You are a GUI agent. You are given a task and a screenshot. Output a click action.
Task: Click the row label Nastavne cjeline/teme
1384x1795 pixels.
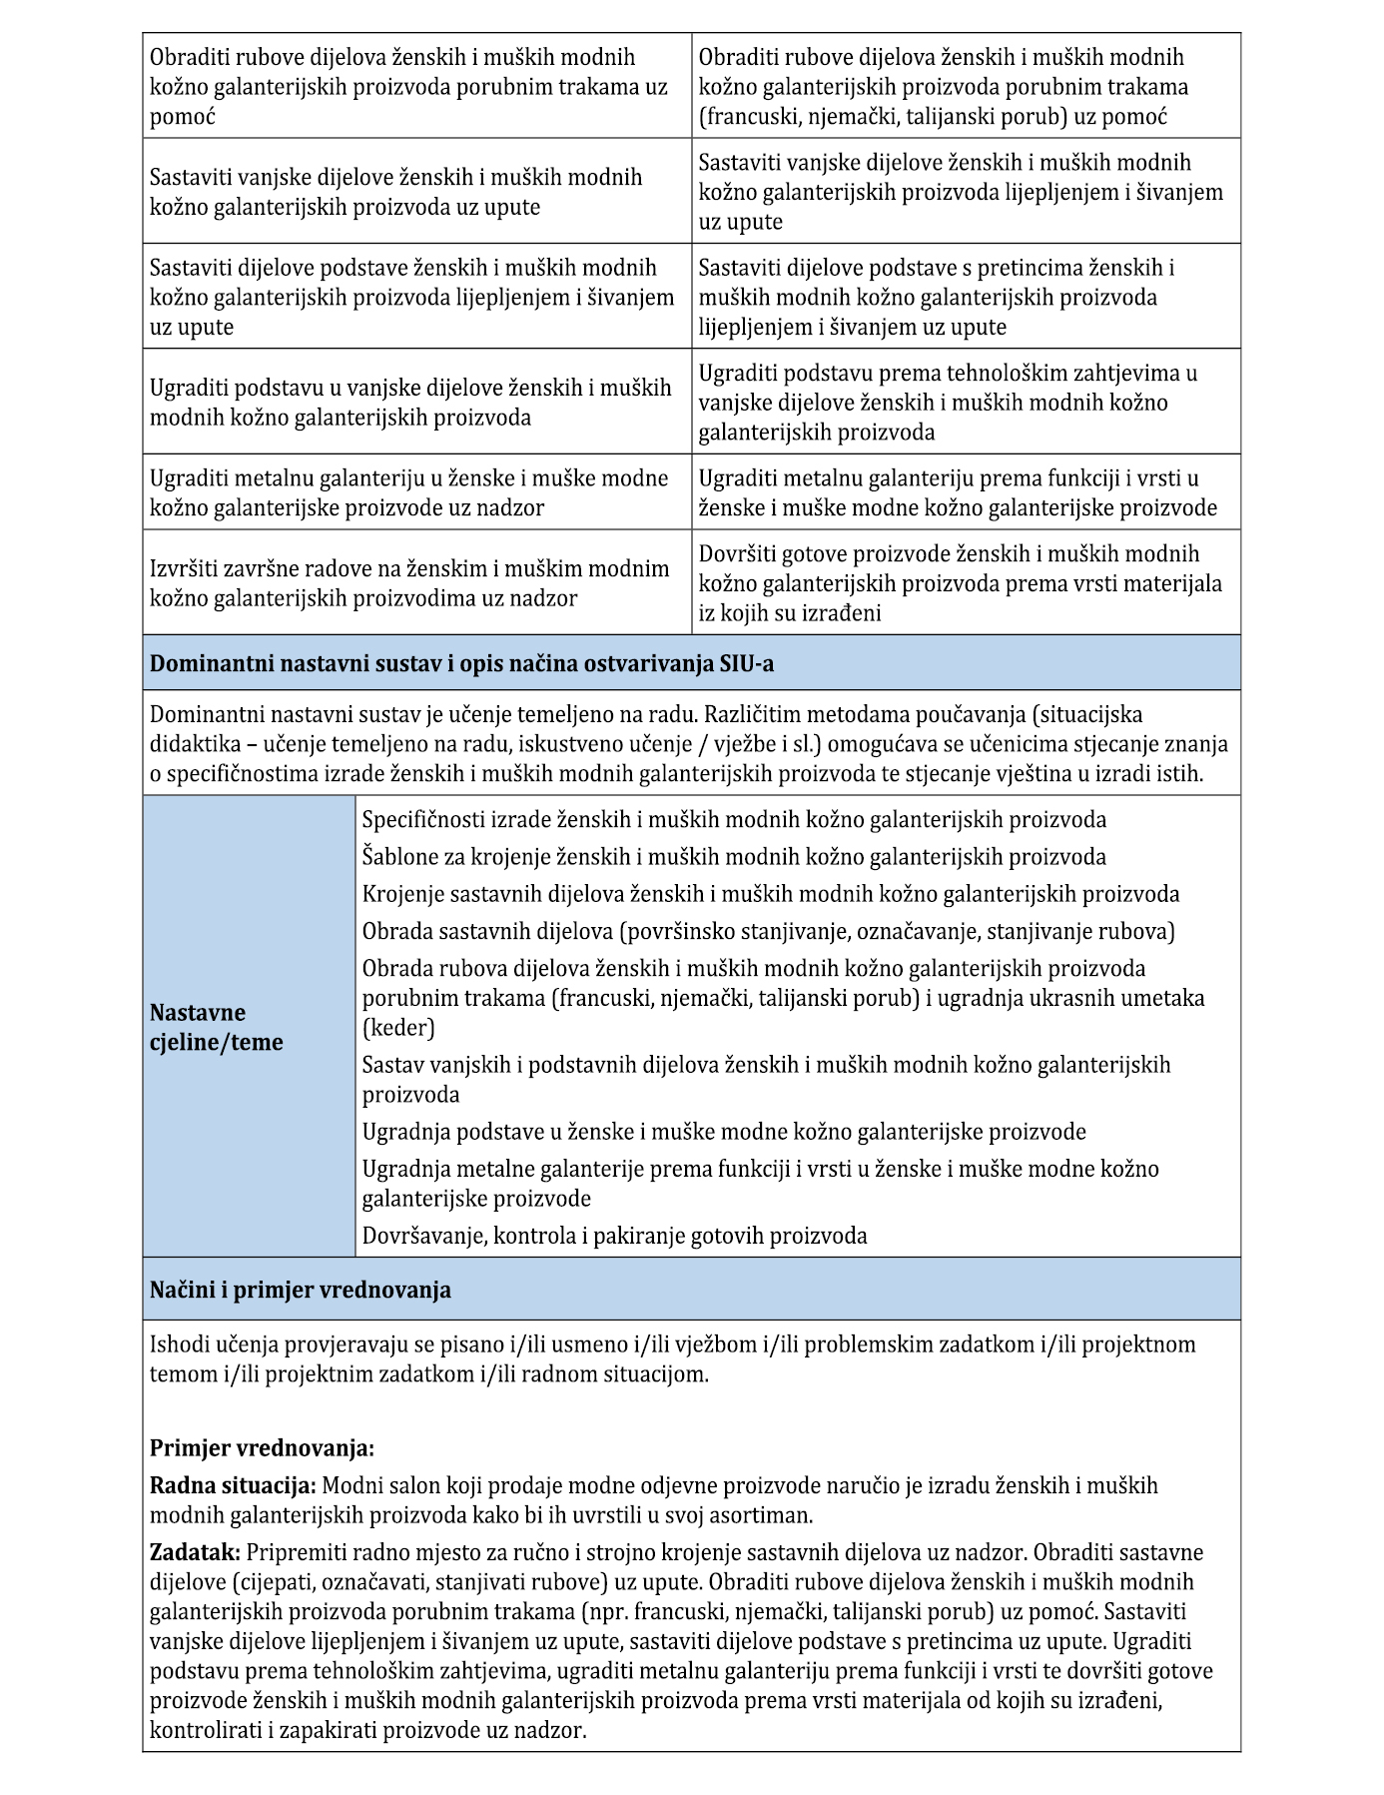(x=217, y=1027)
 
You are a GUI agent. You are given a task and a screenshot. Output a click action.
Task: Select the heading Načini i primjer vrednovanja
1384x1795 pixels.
(x=300, y=1290)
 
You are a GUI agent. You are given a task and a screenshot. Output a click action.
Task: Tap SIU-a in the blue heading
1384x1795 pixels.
(x=746, y=663)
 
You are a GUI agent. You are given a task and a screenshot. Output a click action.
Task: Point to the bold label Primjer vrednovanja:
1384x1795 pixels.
(x=262, y=1447)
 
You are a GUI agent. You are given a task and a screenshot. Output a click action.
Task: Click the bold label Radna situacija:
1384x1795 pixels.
(x=233, y=1485)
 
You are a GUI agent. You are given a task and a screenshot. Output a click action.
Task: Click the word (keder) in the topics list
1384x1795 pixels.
(x=398, y=1028)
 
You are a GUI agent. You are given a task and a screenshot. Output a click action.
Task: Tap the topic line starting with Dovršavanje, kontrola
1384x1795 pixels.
(x=614, y=1236)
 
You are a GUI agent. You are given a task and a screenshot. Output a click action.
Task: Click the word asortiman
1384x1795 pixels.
(x=758, y=1515)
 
